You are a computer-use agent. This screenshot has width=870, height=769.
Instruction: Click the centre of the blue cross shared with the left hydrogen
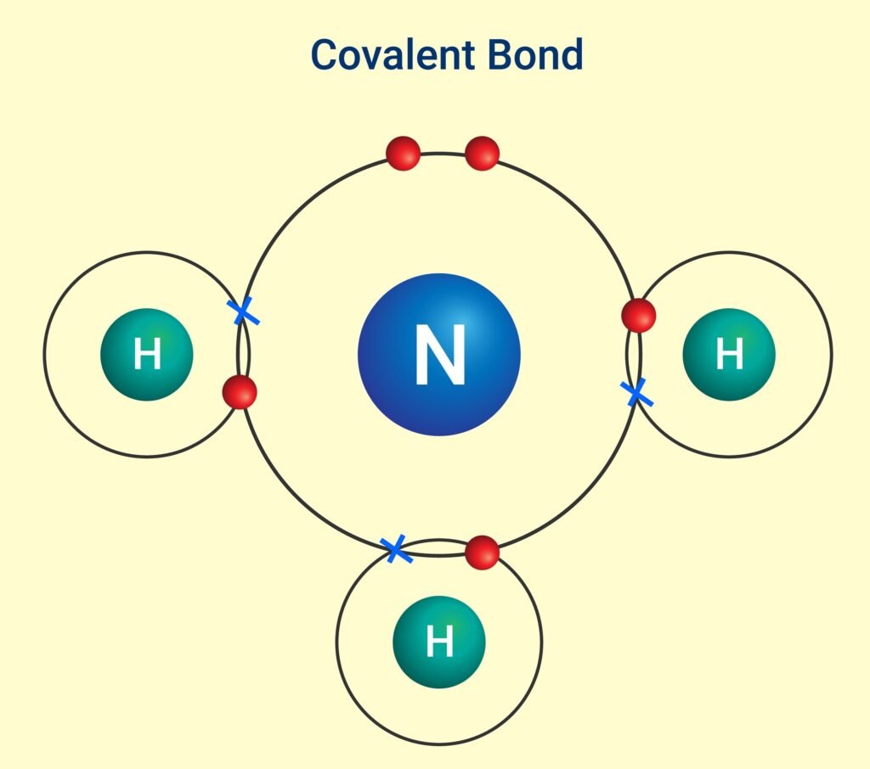click(243, 311)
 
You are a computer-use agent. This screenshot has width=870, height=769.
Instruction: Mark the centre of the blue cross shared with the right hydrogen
click(636, 392)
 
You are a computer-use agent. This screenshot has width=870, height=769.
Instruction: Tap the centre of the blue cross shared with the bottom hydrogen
click(396, 549)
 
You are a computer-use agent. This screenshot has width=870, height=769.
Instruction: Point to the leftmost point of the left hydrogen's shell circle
click(44, 354)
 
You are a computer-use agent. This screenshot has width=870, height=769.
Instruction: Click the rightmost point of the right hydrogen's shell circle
click(833, 354)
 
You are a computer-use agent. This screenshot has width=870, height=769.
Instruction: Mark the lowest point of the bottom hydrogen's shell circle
click(439, 744)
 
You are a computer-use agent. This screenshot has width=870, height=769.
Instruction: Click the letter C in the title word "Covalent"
click(325, 55)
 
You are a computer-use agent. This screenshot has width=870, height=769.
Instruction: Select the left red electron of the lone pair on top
click(403, 154)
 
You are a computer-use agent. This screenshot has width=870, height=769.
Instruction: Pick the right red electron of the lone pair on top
click(483, 154)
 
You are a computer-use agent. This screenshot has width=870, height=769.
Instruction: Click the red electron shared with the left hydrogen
click(240, 392)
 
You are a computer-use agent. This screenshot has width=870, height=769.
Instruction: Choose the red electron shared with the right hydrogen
click(639, 316)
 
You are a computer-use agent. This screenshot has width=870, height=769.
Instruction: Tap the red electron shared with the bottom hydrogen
click(483, 553)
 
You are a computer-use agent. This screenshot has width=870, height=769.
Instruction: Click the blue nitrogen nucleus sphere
click(439, 354)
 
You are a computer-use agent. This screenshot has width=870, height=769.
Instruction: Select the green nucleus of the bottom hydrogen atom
click(439, 642)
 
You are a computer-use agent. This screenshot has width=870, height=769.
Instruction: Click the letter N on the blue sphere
click(440, 354)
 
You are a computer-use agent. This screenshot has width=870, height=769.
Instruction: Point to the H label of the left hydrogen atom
click(147, 354)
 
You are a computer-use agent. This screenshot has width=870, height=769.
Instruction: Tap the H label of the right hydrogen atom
click(729, 354)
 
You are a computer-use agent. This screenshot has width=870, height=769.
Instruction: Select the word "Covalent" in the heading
click(393, 54)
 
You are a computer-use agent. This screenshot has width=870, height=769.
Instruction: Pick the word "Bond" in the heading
click(536, 54)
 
